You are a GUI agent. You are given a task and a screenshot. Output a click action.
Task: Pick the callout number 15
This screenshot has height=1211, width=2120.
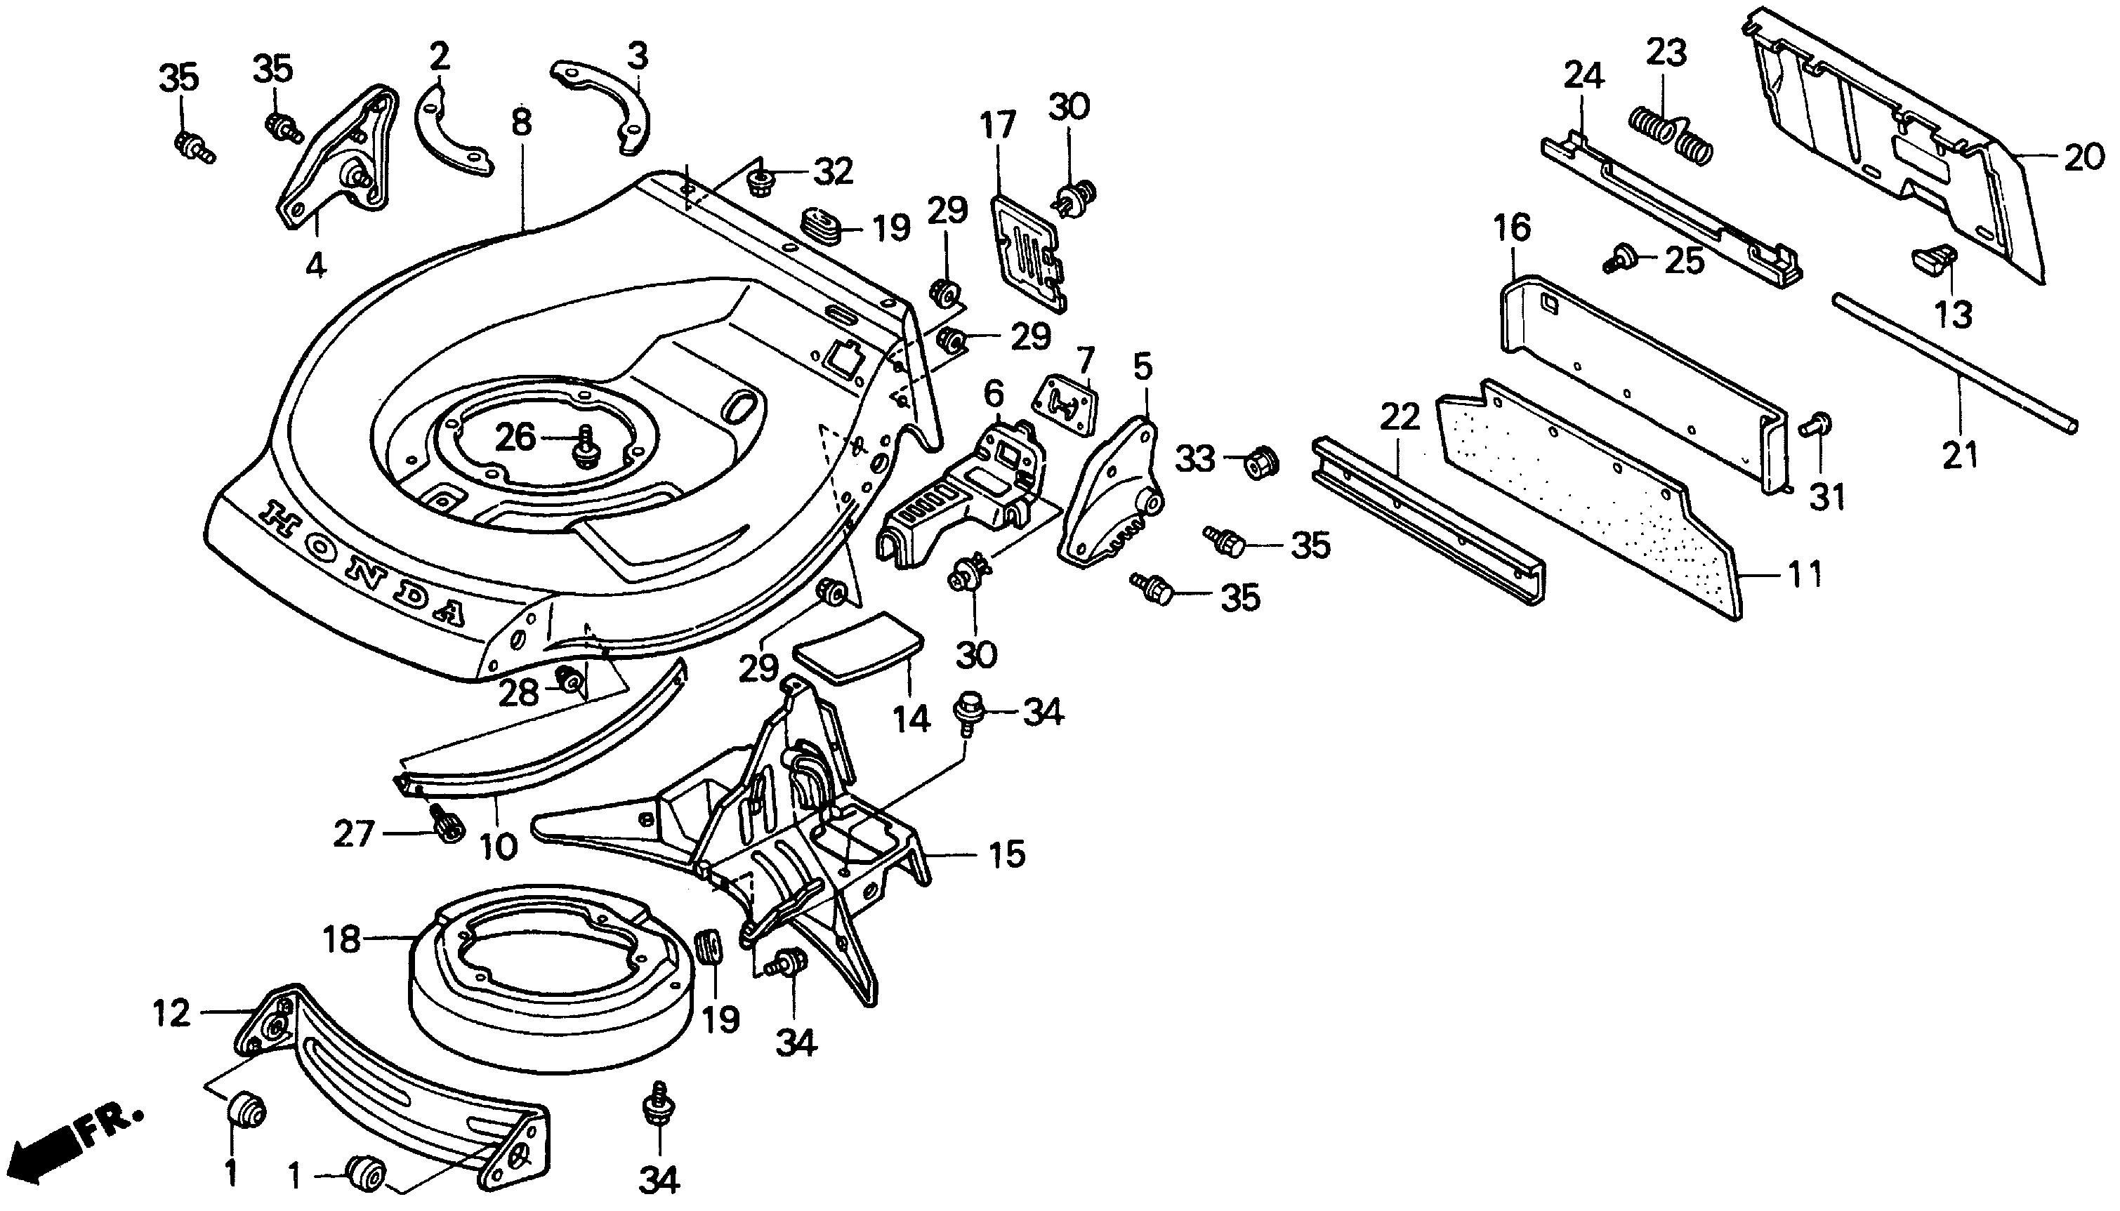click(x=1007, y=855)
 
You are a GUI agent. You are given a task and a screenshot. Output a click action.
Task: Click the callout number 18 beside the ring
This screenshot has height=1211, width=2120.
click(x=341, y=940)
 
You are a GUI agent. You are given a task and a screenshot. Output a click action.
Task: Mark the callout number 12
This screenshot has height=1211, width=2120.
click(x=172, y=1013)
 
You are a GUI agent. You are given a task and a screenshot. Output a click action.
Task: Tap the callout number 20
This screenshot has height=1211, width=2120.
click(x=2084, y=157)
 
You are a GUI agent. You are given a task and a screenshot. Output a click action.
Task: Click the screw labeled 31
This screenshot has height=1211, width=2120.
click(x=1817, y=426)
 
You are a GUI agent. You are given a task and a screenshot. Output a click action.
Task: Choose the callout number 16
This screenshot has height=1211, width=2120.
click(x=1511, y=227)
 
